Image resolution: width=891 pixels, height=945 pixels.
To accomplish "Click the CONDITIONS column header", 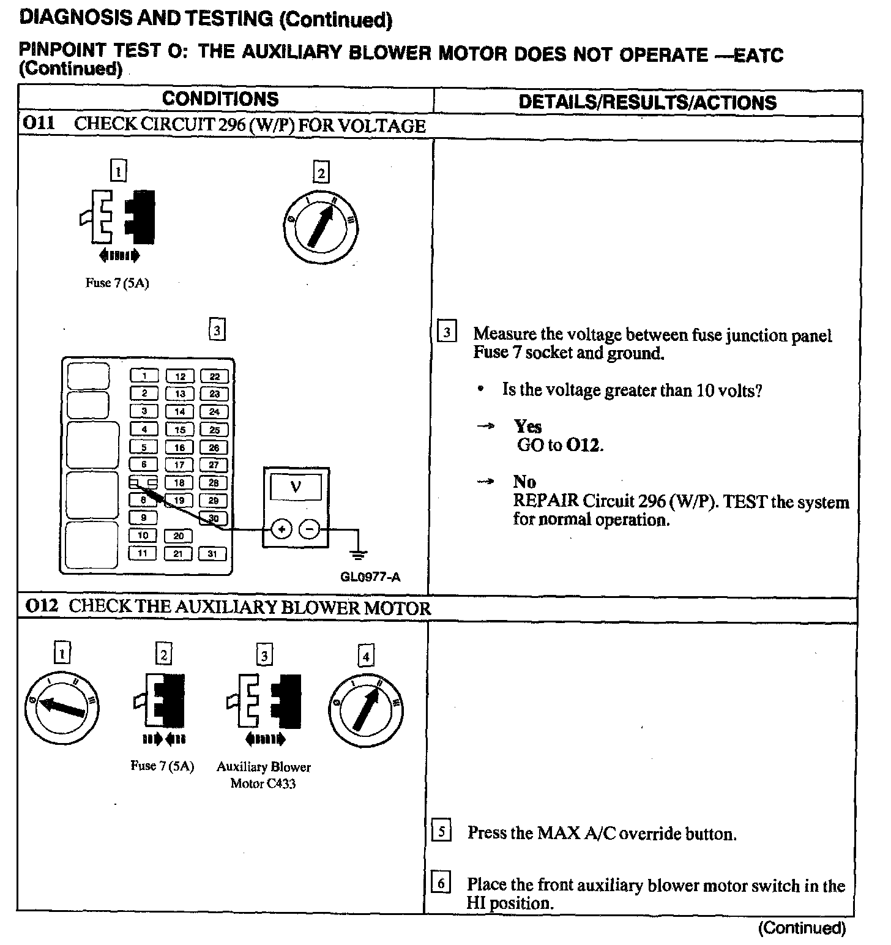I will coord(220,99).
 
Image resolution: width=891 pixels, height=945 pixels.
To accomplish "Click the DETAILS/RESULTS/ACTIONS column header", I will coord(647,102).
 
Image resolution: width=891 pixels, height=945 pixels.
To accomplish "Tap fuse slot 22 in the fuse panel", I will coord(214,376).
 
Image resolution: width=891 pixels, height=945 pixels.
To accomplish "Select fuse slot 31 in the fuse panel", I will coord(213,554).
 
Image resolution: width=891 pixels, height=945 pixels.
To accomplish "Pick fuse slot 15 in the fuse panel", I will coord(179,430).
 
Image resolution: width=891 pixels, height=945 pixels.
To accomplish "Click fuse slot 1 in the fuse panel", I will coord(144,376).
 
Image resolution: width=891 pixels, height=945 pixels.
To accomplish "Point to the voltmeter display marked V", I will coord(296,487).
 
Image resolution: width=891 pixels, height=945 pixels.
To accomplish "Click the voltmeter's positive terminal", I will coord(281,529).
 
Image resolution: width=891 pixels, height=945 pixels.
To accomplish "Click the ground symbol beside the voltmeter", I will coord(358,555).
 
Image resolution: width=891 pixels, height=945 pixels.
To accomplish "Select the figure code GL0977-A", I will coord(370,577).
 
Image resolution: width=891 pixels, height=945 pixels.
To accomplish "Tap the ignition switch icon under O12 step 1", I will coord(62,708).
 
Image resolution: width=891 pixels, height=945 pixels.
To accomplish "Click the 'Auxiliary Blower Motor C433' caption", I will coord(263,775).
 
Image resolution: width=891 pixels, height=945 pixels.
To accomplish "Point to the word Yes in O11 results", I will coord(528,426).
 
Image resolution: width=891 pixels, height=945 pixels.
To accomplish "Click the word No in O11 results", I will coord(524,482).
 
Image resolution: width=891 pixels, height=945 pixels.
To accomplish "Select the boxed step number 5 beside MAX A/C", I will coord(441,832).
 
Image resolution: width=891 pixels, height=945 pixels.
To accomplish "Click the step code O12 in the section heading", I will coord(42,606).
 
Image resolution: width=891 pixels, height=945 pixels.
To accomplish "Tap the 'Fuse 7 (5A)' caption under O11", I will coord(117,284).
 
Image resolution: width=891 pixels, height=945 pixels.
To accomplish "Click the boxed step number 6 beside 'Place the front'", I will coord(441,883).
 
